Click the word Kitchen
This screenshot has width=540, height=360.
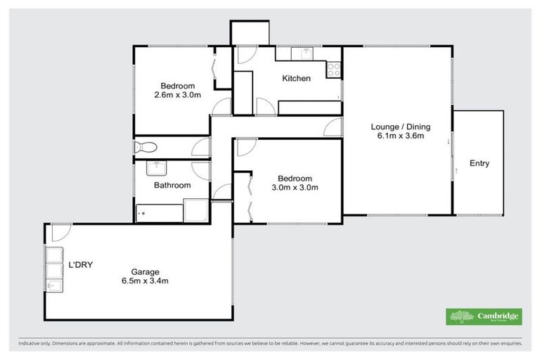click(296, 78)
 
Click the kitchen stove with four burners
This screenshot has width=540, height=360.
click(333, 70)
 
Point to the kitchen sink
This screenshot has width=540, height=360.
click(307, 53)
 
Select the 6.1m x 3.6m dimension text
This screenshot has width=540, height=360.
click(400, 136)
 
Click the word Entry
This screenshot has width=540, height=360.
click(479, 163)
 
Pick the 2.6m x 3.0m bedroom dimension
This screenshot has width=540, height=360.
click(177, 94)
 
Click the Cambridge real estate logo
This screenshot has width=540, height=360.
click(484, 316)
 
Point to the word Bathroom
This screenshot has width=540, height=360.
click(172, 186)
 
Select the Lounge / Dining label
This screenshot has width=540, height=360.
click(400, 127)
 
